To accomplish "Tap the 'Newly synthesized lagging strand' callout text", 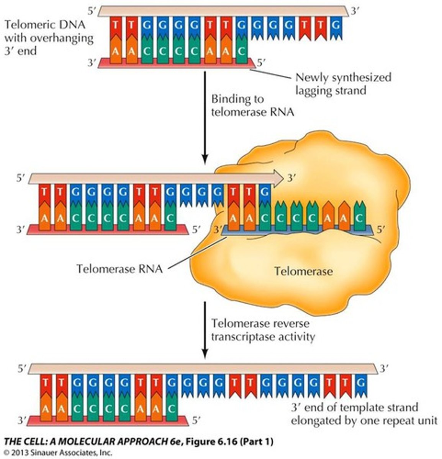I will click(343, 84).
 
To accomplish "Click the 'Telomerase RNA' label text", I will click(119, 269).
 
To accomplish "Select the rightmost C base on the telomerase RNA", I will click(359, 218).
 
